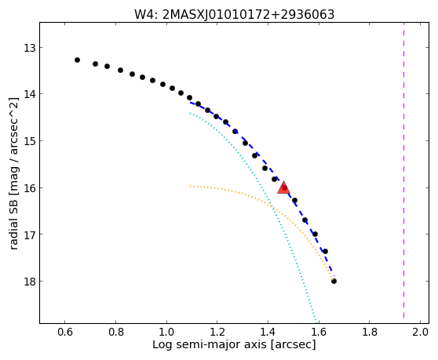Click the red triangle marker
tap(284, 187)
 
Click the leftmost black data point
tap(78, 60)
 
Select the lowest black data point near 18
tap(334, 281)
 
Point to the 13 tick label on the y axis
tap(30, 48)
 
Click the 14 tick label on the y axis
tap(30, 94)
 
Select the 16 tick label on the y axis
tap(30, 188)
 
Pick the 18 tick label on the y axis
tap(30, 282)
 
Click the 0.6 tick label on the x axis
tap(65, 332)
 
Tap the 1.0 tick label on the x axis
tap(166, 332)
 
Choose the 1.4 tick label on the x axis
tap(268, 332)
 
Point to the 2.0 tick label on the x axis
tap(421, 332)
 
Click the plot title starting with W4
tap(235, 15)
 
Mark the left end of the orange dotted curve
tap(190, 186)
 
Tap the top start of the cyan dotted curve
tap(190, 113)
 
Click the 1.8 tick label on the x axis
tap(370, 332)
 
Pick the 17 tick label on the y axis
tap(30, 235)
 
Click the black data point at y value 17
tap(315, 235)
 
